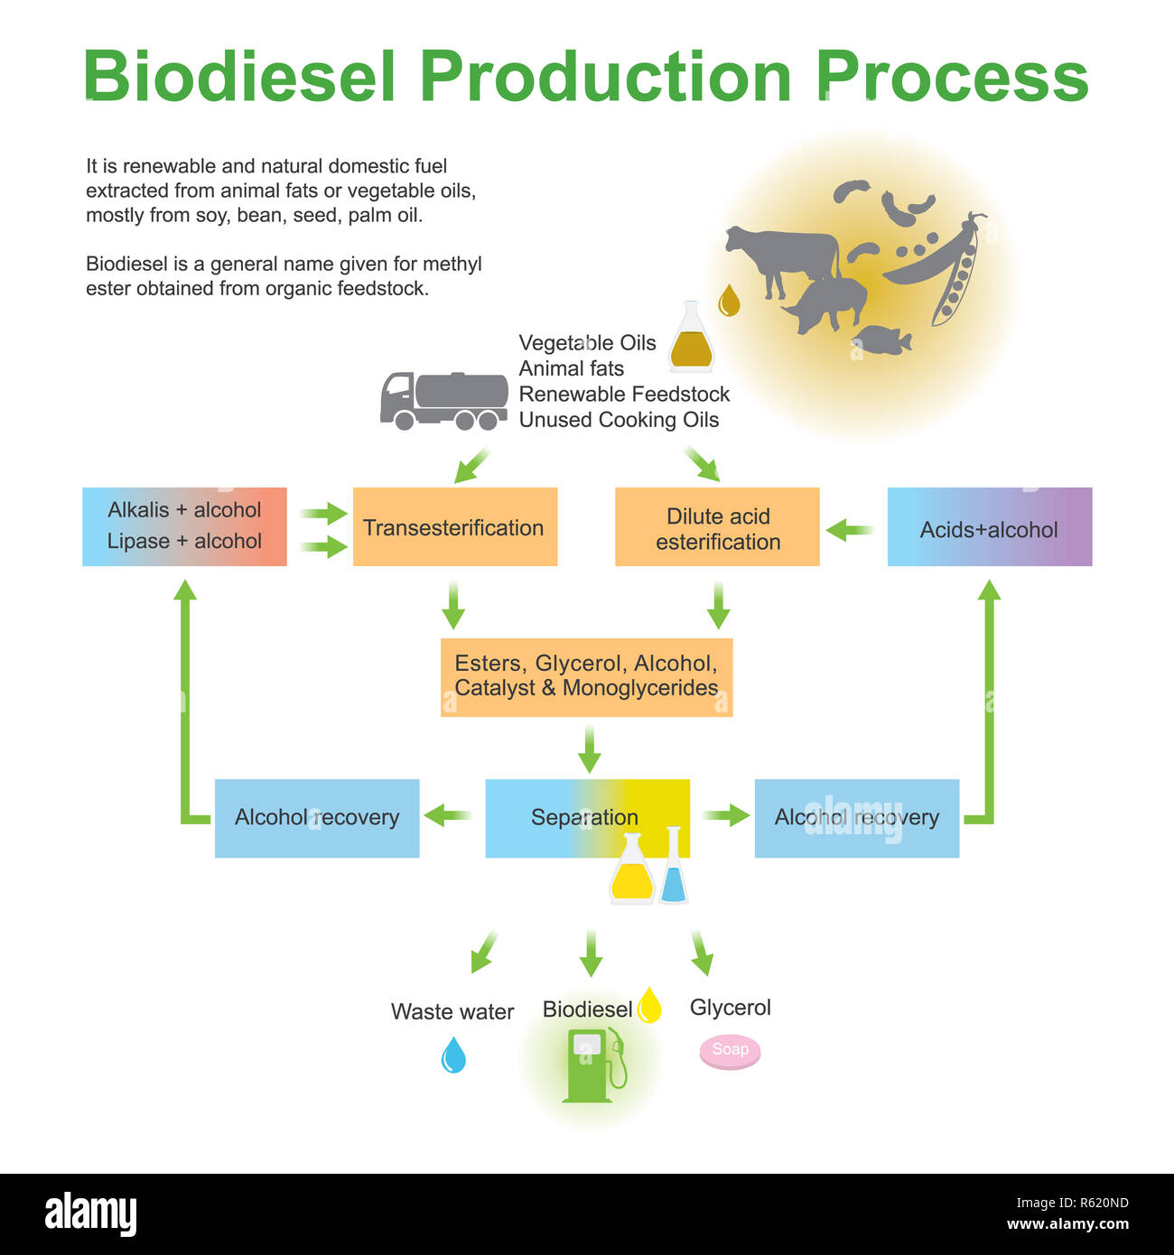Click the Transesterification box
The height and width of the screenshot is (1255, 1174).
tap(454, 527)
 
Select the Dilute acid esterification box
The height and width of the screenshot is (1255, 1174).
tap(717, 527)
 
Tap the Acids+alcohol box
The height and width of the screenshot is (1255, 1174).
tap(989, 528)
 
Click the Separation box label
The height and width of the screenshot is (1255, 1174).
tap(584, 817)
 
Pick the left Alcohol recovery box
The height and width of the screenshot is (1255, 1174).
tap(317, 818)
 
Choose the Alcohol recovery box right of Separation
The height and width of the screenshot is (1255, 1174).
tap(856, 818)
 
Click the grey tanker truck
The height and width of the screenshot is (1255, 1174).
tap(443, 400)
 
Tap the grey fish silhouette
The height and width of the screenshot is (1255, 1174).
tap(881, 340)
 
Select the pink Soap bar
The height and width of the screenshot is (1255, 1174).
tap(730, 1051)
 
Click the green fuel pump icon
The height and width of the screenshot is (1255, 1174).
tap(592, 1066)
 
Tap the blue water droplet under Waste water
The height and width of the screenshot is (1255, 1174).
tap(453, 1055)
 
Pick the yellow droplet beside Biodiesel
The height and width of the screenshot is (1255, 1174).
tap(649, 1005)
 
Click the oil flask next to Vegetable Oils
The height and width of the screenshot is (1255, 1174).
tap(691, 339)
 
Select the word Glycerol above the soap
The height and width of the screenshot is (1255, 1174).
tap(730, 1008)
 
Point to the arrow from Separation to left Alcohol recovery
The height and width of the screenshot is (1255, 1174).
tap(448, 816)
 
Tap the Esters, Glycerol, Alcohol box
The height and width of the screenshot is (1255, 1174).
tap(586, 677)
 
